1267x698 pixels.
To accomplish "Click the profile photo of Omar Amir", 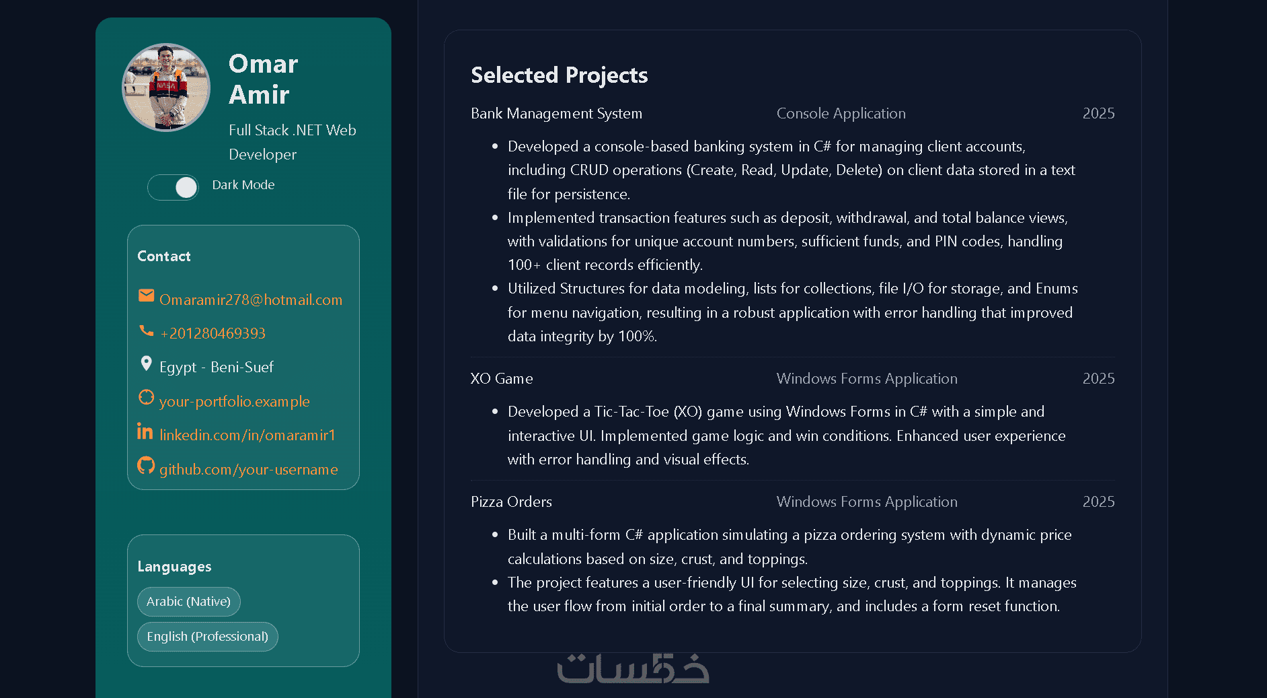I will coord(166,88).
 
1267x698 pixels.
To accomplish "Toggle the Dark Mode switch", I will coord(174,187).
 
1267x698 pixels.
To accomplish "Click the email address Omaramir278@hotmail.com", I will coord(251,300).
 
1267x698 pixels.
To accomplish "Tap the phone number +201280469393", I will coord(213,334).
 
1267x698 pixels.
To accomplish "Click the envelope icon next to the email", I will coord(146,295).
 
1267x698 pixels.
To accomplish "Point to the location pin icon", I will coord(146,364).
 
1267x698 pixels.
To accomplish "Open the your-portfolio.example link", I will coord(234,402).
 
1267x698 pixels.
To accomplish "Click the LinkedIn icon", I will coord(145,431).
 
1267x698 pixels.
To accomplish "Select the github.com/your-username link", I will coord(248,470).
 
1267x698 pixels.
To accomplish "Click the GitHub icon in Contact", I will coord(146,465).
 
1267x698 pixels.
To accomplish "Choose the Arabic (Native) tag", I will coord(188,602).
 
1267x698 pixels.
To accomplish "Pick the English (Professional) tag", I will coord(207,637).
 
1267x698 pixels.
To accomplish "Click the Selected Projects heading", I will coord(559,75).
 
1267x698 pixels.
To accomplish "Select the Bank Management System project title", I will coord(556,114).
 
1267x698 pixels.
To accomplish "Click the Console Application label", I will coord(841,114).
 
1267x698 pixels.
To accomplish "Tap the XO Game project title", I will coord(502,379).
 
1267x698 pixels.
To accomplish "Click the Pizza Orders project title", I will coord(511,502).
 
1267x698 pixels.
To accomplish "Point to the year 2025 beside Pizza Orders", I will coord(1098,502).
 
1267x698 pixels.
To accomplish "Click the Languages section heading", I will coord(174,567).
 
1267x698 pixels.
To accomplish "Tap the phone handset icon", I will coord(146,330).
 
